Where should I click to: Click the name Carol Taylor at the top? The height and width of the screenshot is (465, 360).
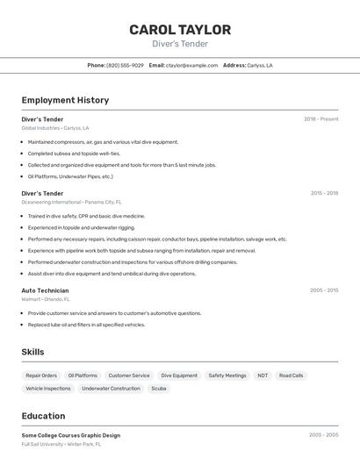click(x=180, y=29)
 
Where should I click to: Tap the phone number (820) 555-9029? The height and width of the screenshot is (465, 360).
click(x=125, y=65)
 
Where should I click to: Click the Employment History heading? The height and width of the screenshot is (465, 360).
click(x=65, y=100)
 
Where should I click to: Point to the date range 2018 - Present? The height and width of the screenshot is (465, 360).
click(x=321, y=118)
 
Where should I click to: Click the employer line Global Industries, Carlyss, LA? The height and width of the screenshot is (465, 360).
click(x=54, y=128)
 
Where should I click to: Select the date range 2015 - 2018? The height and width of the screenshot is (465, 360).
click(x=324, y=193)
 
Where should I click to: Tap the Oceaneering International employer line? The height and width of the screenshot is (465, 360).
click(x=71, y=202)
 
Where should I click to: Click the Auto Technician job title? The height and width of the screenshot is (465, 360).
click(x=45, y=290)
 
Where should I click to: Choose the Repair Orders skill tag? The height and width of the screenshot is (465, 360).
click(x=41, y=376)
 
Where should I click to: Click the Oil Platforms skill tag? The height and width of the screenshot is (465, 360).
click(x=83, y=376)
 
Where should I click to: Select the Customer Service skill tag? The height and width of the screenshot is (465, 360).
click(x=129, y=376)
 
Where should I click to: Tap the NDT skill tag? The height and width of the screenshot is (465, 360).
click(x=263, y=376)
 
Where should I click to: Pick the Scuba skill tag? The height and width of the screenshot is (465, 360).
click(x=159, y=388)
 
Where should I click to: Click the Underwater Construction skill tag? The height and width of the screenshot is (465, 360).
click(x=111, y=388)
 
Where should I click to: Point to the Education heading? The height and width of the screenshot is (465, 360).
click(x=43, y=416)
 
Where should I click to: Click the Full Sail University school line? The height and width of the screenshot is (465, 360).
click(x=61, y=444)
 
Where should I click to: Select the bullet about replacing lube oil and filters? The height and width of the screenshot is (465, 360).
click(x=86, y=325)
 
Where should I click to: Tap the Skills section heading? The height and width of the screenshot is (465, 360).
click(x=32, y=352)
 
